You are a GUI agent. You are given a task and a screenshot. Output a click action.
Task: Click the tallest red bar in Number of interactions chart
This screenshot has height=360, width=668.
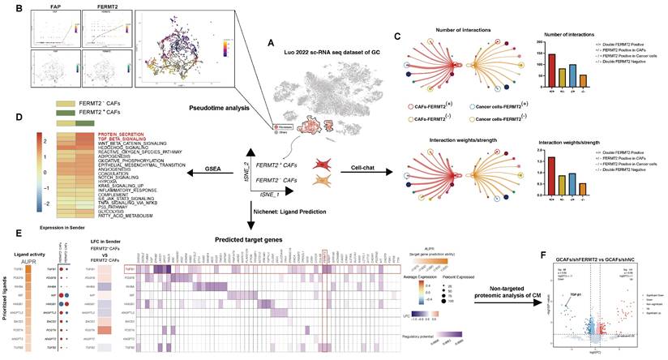(x=552, y=69)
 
